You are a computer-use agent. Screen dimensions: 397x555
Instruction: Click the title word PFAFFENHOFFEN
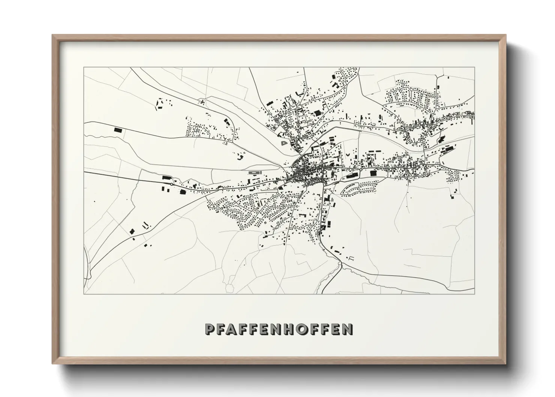278,329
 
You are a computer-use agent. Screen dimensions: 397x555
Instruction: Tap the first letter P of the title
209,329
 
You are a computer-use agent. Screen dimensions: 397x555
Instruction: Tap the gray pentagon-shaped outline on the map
283,143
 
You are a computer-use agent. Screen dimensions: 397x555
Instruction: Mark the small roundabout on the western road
171,185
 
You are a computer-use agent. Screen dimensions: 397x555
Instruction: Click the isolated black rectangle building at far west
118,130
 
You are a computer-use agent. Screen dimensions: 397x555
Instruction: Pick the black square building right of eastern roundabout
373,173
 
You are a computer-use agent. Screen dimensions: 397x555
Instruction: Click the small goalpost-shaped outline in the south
351,258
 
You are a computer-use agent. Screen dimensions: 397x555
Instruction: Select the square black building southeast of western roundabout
183,192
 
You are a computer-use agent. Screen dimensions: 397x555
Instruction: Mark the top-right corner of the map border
474,68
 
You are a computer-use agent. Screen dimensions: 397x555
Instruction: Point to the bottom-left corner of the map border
84,294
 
